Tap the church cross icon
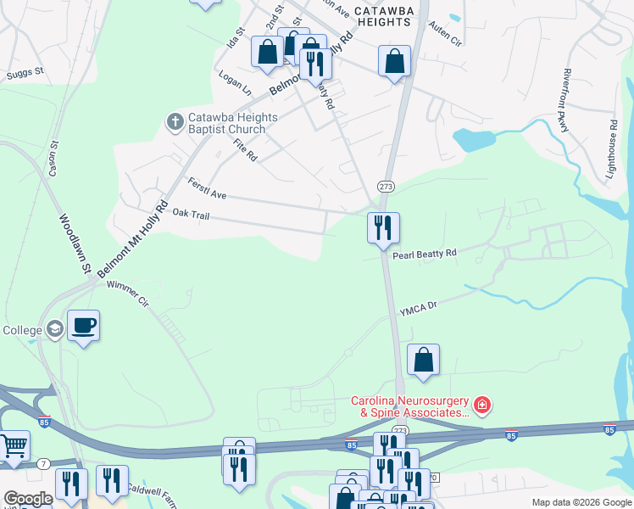[175, 122]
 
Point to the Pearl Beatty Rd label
[436, 253]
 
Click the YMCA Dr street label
[418, 310]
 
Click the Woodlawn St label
[75, 243]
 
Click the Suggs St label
[25, 74]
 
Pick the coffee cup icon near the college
[83, 326]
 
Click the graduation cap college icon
[55, 329]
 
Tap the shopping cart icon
[13, 445]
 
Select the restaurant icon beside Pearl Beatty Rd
[383, 227]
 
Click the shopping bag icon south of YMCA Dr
[423, 359]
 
